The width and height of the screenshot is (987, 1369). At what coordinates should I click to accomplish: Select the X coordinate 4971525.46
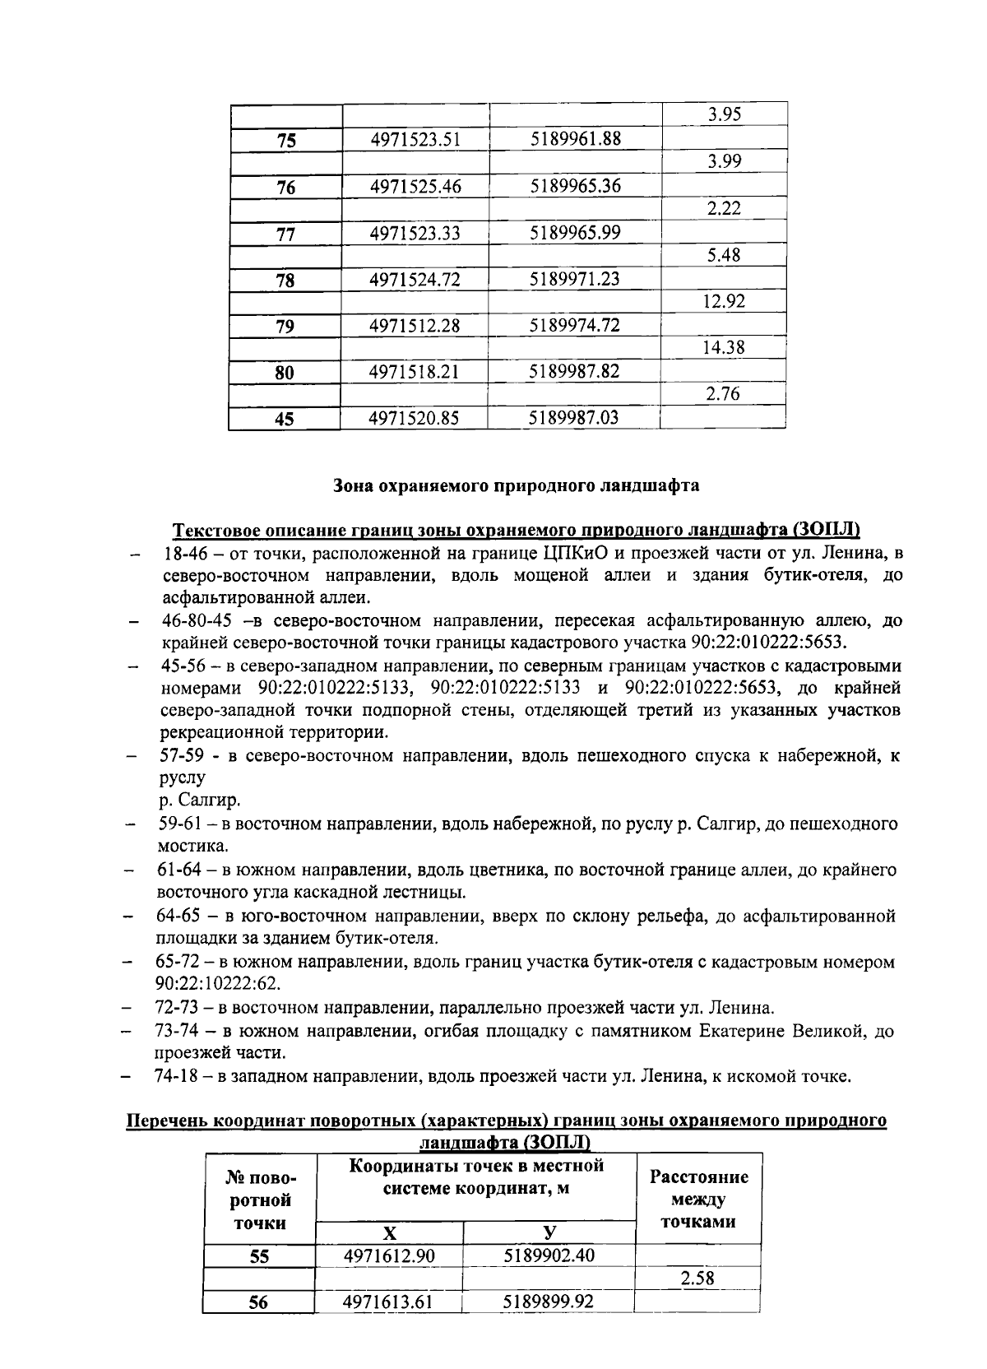(x=415, y=187)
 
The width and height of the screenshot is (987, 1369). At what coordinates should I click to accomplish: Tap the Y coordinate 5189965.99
(x=575, y=233)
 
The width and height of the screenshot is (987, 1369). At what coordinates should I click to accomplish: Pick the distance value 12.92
(x=724, y=301)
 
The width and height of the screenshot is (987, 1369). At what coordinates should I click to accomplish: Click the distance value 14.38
(x=724, y=347)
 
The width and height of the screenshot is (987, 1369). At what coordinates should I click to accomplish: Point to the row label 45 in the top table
(x=285, y=420)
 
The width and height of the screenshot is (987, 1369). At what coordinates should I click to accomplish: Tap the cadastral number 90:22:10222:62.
(x=218, y=984)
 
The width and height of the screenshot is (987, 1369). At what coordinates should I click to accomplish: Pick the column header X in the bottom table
(x=389, y=1232)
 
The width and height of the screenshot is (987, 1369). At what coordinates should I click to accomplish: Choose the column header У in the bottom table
(x=549, y=1232)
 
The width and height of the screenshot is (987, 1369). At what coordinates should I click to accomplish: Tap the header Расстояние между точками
(x=699, y=1200)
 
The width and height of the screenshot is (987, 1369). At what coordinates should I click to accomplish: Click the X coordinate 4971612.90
(x=388, y=1255)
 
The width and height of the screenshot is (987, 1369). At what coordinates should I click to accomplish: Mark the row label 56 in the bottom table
(x=258, y=1302)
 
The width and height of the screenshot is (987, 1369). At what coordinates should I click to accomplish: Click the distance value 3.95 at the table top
(x=724, y=114)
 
